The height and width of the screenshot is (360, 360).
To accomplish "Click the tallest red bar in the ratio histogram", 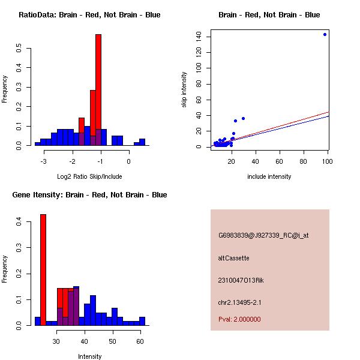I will pos(98,90).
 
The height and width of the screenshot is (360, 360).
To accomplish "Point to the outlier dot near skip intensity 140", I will pos(325,34).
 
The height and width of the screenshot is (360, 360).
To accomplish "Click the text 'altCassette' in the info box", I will pos(233,258).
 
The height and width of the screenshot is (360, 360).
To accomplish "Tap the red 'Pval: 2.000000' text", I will pos(239,319).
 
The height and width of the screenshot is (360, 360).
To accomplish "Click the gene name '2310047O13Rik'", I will pos(241,280).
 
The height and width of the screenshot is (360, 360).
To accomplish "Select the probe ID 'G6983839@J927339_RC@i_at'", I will pos(263,236).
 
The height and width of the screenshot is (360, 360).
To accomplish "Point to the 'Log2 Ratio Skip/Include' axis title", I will pos(89,176).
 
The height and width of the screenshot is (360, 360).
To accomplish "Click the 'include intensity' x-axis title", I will pos(269,176).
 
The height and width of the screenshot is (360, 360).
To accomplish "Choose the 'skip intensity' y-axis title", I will pos(184,90).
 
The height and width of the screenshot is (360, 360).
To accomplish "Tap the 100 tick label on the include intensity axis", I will pos(328,161).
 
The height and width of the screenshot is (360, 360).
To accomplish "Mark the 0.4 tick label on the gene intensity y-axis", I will pos(19,222).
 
